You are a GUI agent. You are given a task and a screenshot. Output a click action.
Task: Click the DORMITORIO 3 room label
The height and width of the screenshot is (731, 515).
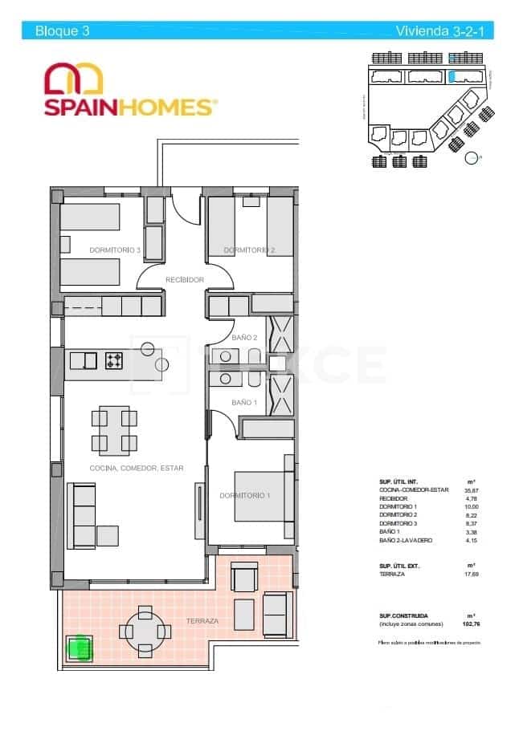point(115,250)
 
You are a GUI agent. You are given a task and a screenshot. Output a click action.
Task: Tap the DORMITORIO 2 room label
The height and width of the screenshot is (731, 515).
point(249,250)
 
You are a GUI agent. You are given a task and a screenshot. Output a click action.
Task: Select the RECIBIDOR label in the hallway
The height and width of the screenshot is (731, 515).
point(184,279)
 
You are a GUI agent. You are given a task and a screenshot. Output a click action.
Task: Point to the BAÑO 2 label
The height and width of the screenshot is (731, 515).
point(244,338)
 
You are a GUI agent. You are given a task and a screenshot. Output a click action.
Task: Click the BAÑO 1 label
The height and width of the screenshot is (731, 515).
point(244,402)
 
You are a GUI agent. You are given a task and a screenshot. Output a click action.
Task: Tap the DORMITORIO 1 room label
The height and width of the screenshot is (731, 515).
point(245,495)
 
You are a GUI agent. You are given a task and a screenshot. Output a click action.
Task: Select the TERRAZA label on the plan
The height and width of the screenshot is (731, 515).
point(202,621)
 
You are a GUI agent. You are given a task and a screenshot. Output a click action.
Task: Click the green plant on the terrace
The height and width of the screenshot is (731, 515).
point(79,647)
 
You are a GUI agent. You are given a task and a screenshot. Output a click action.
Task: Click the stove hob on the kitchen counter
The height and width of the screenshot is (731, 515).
point(113,361)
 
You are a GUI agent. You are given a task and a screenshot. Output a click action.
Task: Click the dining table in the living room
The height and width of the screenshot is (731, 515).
point(113,430)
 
